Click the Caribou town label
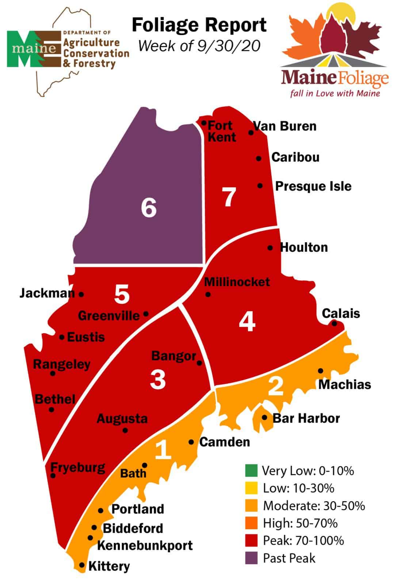(295, 157)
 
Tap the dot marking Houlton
(270, 248)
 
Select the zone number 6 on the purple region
(149, 208)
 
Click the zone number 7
(229, 197)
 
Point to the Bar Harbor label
(306, 418)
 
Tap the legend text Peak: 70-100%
(303, 541)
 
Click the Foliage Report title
(199, 25)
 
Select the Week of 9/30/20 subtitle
(199, 46)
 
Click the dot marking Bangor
(199, 363)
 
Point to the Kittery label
(109, 566)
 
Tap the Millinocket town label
(237, 282)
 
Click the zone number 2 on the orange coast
(276, 386)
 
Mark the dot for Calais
(334, 323)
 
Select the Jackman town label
(47, 293)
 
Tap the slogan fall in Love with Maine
(335, 93)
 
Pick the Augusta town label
(122, 419)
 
